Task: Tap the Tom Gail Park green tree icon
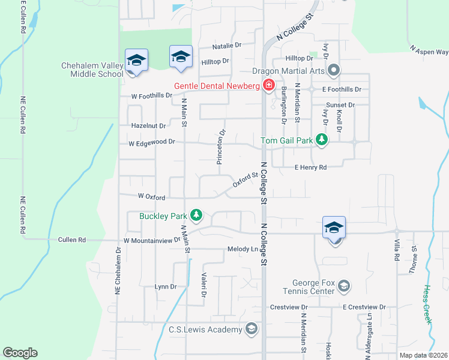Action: point(322,140)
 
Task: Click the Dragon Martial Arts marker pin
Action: point(334,71)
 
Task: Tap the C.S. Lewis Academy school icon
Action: point(252,328)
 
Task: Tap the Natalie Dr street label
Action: point(226,46)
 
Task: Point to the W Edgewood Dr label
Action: point(151,142)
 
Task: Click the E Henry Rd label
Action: point(310,167)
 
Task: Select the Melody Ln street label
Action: point(242,249)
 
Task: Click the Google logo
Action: point(20,353)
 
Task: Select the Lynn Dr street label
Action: point(165,287)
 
